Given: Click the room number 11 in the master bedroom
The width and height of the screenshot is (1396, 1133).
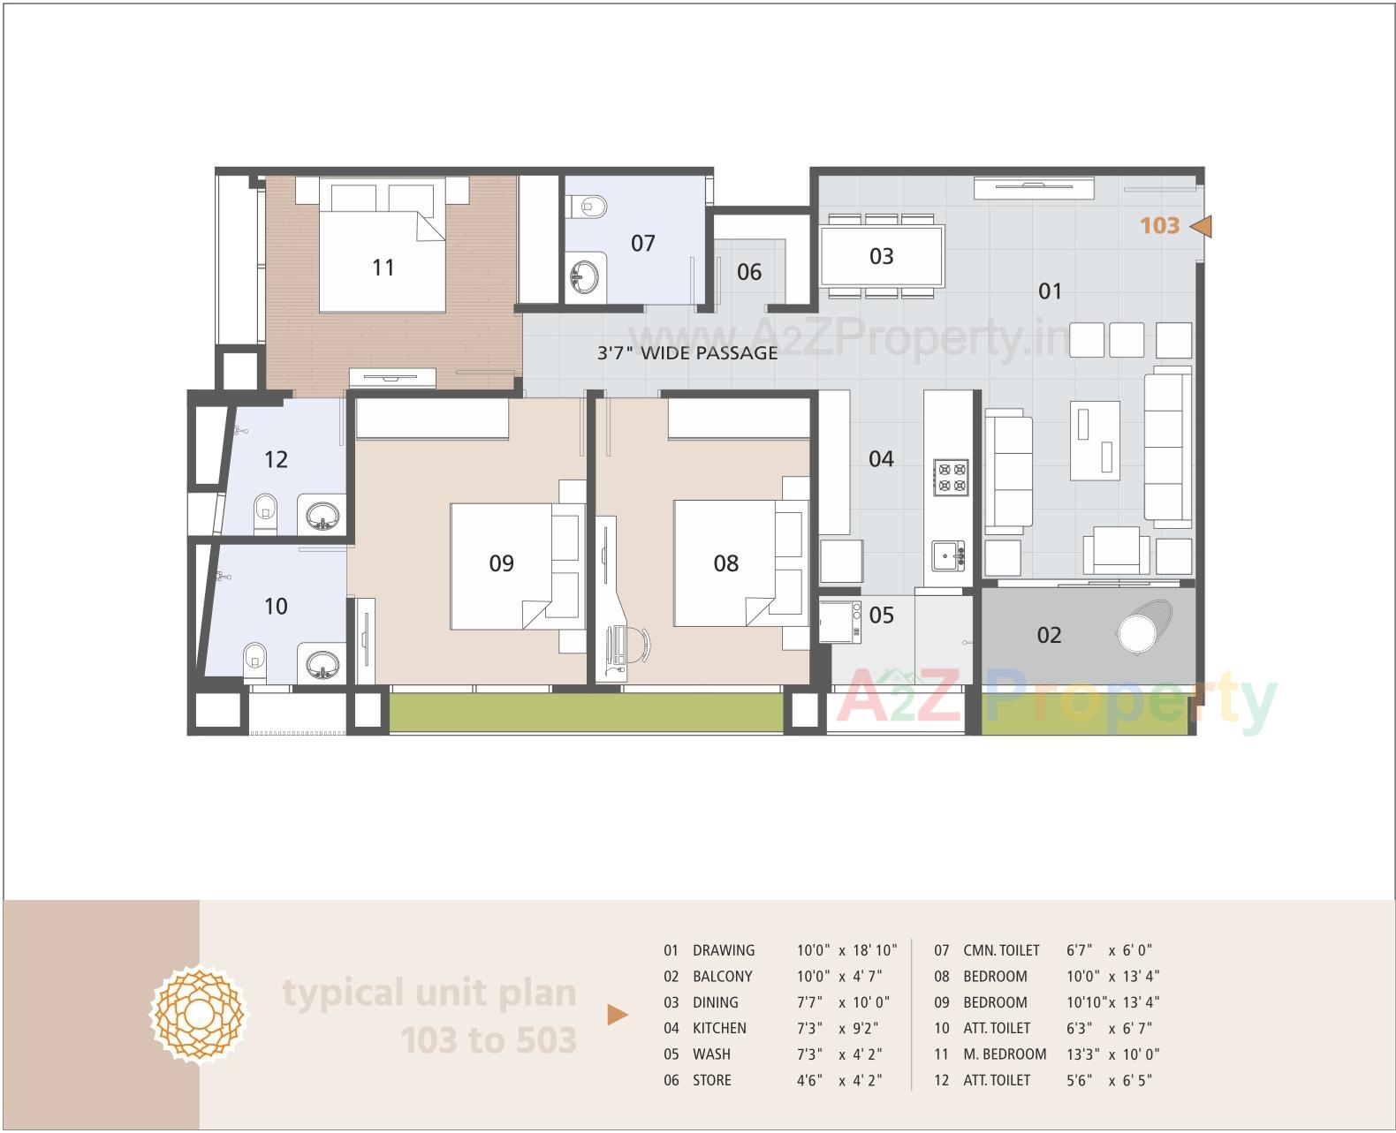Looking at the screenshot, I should point(383,268).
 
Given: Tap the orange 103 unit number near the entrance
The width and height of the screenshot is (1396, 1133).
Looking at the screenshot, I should point(1159,226).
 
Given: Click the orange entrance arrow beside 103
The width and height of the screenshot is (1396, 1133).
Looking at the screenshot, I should point(1201,227).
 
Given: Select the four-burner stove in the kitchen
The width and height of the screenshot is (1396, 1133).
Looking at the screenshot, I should point(951,476).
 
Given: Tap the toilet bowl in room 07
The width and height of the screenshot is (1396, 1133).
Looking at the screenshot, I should point(590,207).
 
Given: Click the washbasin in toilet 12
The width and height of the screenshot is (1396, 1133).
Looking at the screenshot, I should point(322,515).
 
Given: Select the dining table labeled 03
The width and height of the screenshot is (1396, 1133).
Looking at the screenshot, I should point(882,256).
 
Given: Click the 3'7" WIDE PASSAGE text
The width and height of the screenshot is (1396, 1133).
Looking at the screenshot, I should point(687,353).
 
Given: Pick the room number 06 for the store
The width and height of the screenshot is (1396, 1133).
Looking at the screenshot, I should point(749,272).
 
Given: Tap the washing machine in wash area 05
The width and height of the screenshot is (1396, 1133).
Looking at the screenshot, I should point(840,622).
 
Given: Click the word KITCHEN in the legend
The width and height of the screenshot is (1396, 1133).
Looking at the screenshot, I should point(719,1028).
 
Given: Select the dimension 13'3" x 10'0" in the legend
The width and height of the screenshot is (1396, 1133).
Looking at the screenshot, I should point(1112,1054).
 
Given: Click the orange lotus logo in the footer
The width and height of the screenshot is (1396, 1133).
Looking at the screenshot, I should point(200,1016).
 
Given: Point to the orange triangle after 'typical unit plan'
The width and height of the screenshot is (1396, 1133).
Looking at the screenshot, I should point(618,1015).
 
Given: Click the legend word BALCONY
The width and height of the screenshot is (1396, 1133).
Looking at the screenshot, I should point(722,976).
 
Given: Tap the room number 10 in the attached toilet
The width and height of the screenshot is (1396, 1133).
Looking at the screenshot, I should point(276,607).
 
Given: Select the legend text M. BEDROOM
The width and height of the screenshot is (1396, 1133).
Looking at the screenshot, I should point(1005,1054).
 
